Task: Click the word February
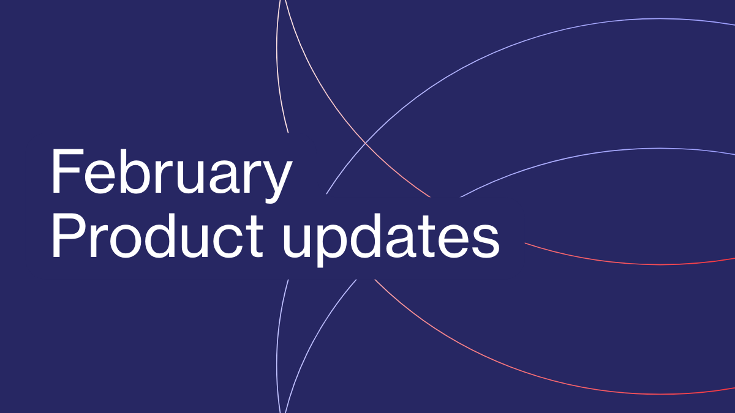171,176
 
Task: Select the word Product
157,235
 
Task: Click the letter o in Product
124,242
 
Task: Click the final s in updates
486,242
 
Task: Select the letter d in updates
365,236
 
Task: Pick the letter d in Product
159,236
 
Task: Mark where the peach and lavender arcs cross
365,144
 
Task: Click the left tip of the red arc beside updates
525,244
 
